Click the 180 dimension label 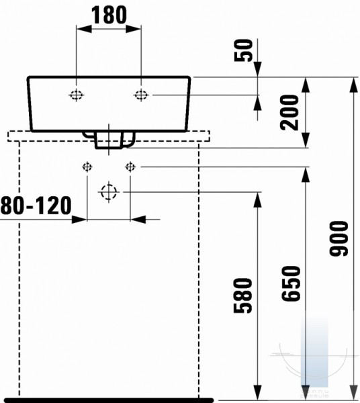(109, 15)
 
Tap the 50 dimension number (243, 50)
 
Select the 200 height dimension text (289, 112)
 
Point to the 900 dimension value (339, 238)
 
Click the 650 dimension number (291, 283)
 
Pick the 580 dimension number (243, 296)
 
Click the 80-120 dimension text (36, 206)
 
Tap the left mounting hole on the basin (76, 95)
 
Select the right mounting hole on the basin (141, 95)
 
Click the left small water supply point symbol (87, 167)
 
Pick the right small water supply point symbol (130, 167)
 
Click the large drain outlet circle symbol (109, 192)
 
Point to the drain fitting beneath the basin (109, 140)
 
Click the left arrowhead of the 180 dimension (84, 29)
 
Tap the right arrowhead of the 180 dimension (133, 29)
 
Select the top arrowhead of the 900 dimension (354, 85)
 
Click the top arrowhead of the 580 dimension (257, 199)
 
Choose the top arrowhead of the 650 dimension (306, 175)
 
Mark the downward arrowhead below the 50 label (257, 69)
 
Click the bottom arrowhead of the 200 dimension (306, 140)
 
